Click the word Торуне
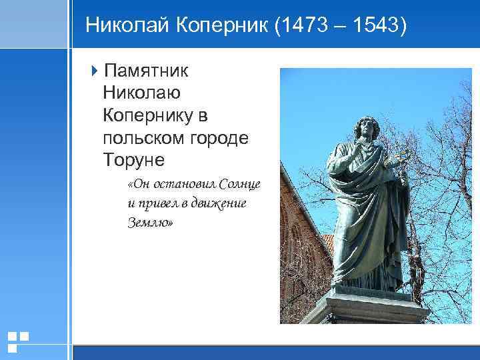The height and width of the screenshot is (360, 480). pos(133,161)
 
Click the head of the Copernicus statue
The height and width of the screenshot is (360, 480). pos(365,126)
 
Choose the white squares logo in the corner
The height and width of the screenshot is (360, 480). pos(17,341)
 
